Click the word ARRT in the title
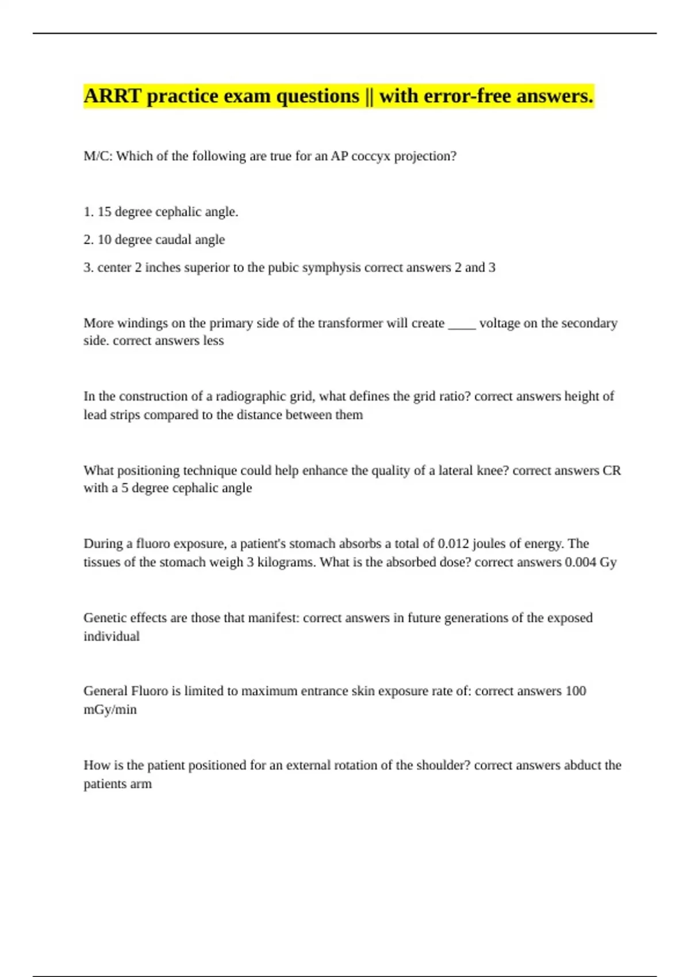(x=112, y=96)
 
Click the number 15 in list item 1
(x=104, y=212)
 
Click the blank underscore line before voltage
(x=462, y=324)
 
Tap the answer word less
(x=214, y=341)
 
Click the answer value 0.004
(x=580, y=562)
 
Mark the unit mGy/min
(x=110, y=710)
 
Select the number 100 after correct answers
(x=575, y=691)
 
